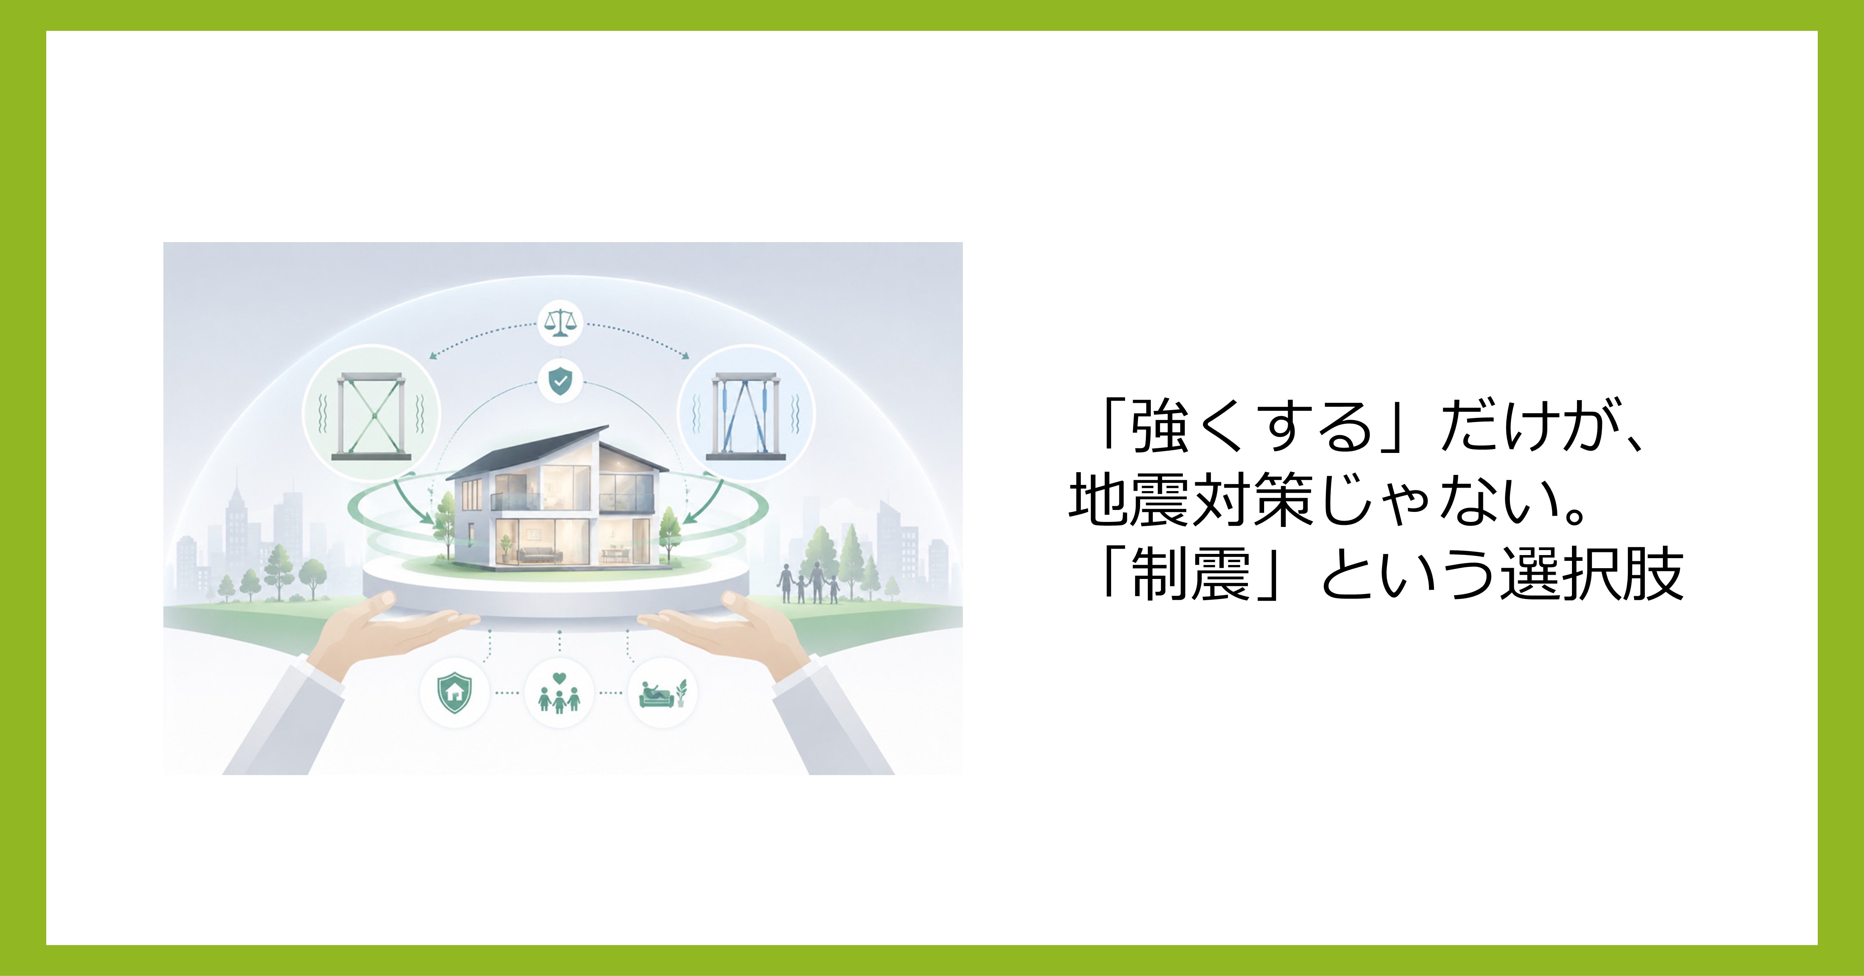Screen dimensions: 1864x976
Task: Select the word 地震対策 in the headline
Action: point(1190,500)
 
